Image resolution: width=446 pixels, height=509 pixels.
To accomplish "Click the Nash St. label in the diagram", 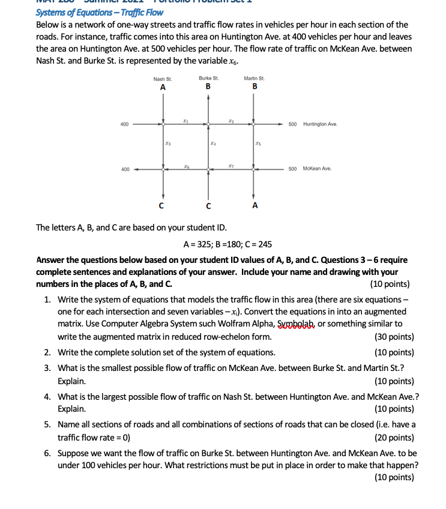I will click(x=162, y=79).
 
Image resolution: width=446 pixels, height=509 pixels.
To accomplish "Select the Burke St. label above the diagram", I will click(x=208, y=79).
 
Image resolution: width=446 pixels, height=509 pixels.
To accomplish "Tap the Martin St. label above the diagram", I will click(x=255, y=79).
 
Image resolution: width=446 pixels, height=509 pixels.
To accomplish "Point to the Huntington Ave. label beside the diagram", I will click(x=321, y=124).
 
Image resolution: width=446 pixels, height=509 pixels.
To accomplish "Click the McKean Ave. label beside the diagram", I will click(x=318, y=169).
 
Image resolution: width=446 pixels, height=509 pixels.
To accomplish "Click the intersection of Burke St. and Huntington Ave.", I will click(x=208, y=125).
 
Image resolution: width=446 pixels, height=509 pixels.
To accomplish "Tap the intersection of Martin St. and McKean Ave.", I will click(x=255, y=169).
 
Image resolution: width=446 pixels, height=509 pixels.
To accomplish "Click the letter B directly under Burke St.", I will click(x=208, y=87).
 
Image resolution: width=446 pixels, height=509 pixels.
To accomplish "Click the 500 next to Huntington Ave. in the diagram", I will click(x=292, y=124).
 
